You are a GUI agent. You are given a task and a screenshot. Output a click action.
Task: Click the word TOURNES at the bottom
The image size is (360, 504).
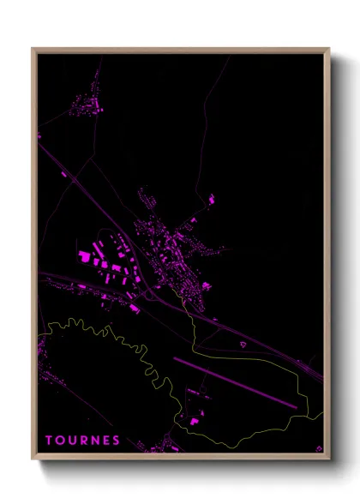82,441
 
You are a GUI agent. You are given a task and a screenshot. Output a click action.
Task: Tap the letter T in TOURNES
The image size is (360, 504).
49,441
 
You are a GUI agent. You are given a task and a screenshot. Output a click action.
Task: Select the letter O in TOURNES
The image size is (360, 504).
60,441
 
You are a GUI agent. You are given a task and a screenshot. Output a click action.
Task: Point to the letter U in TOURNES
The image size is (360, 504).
72,441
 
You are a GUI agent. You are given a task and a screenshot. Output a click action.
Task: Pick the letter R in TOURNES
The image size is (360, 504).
83,441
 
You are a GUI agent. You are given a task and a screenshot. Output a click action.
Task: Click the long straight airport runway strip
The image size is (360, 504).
236,383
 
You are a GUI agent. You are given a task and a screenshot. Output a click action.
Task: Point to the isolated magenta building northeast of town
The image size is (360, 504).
211,200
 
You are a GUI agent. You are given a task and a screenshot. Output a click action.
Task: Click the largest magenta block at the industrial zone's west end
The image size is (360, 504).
85,255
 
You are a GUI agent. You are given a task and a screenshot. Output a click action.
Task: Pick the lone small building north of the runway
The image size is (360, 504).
243,344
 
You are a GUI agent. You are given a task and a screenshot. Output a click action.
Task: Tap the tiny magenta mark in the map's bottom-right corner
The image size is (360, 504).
319,447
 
